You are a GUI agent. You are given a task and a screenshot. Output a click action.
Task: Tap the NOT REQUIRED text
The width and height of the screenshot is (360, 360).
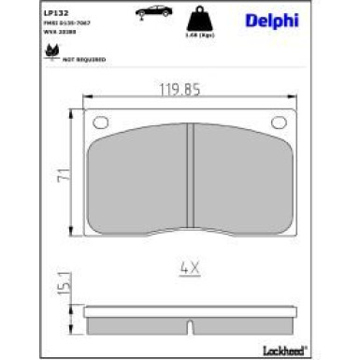[x=84, y=59]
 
